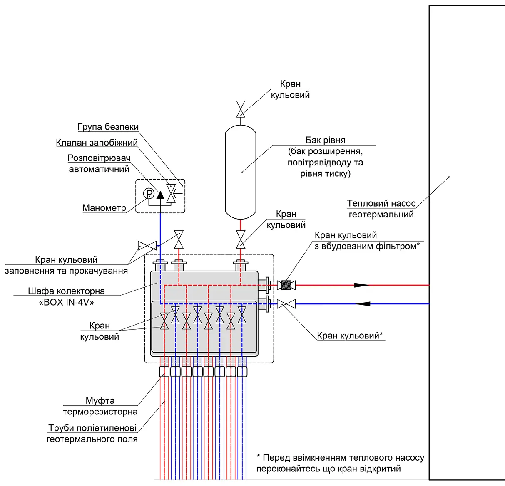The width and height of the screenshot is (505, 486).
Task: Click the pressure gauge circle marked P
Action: (x=149, y=194)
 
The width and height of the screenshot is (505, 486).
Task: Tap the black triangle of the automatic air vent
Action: (x=160, y=195)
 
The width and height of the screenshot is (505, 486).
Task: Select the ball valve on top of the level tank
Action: (x=241, y=109)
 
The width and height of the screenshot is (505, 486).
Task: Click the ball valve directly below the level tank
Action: (x=241, y=239)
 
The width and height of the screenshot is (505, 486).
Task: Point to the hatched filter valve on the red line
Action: (x=286, y=285)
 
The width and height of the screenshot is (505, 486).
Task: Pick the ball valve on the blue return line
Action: (x=286, y=304)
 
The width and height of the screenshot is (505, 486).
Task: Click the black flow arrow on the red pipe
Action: (x=361, y=285)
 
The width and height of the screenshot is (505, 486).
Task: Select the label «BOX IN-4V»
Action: (x=67, y=302)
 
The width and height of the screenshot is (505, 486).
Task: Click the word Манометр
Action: (x=104, y=208)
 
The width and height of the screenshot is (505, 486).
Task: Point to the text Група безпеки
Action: (x=108, y=127)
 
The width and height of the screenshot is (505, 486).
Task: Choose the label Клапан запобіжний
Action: (x=97, y=143)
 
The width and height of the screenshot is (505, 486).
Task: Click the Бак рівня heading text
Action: (x=325, y=140)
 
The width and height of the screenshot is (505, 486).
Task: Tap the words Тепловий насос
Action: (x=381, y=203)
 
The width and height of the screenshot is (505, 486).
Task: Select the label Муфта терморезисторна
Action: (x=100, y=406)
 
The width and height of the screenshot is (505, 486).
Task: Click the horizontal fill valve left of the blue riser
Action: (x=147, y=246)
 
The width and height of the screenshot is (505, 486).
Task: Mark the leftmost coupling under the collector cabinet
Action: (x=164, y=372)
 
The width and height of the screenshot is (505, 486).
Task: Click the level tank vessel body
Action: (x=241, y=172)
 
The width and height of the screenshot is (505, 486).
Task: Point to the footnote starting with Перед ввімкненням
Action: (x=340, y=463)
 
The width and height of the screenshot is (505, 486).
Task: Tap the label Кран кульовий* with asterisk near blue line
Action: (x=350, y=336)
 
